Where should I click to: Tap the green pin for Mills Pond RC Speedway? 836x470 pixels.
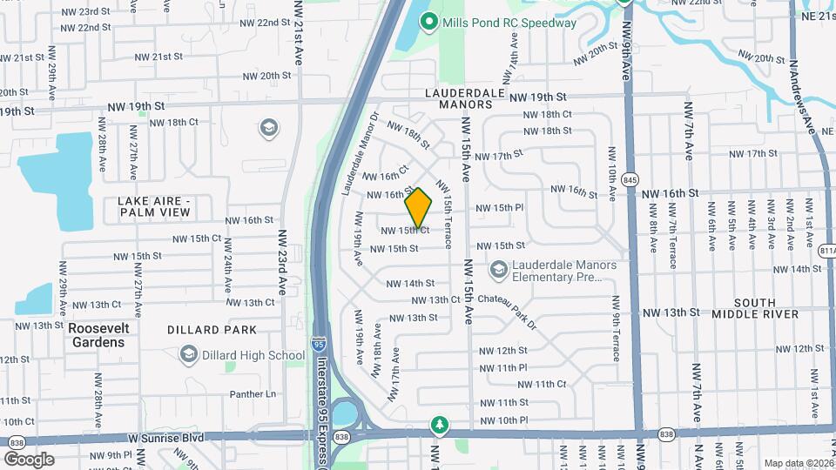coord(428,22)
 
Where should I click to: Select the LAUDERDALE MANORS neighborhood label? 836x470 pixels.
coord(459,97)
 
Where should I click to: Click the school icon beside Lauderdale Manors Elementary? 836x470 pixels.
coord(499,271)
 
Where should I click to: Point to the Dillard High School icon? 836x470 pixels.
coord(188,355)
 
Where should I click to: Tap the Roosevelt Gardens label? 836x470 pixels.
coord(96,335)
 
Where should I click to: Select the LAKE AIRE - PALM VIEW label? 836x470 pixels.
coord(154,206)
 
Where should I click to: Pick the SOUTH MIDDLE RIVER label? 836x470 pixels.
coord(754,307)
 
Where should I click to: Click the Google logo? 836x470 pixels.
coord(29,460)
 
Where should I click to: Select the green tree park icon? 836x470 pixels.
coord(441,426)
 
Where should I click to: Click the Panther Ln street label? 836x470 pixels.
coord(253,394)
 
